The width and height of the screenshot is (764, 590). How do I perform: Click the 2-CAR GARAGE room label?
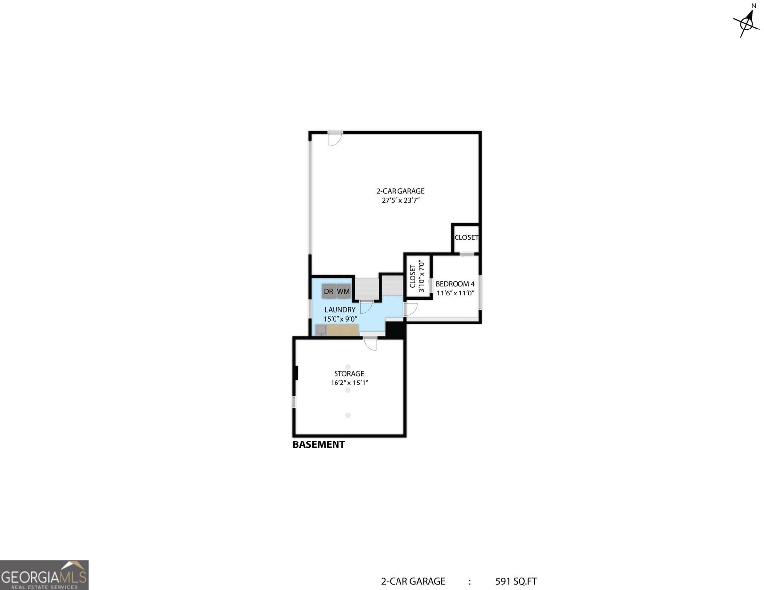[x=400, y=191]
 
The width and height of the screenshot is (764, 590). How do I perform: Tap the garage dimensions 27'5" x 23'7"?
[x=400, y=201]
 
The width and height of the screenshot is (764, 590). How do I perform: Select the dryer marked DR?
[x=328, y=291]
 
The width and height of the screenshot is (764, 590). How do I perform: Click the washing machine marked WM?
[x=343, y=291]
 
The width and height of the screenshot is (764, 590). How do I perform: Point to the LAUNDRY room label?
[x=339, y=310]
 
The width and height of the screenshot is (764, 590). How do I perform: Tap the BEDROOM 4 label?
[x=455, y=284]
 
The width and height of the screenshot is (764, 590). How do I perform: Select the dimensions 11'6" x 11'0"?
[x=455, y=293]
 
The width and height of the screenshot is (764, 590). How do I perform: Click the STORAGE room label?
[x=349, y=374]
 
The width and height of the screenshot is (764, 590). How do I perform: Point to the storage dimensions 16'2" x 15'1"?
[x=349, y=383]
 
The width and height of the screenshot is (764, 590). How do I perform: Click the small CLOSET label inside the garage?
[x=466, y=237]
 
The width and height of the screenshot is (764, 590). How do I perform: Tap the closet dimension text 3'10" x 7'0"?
[x=421, y=276]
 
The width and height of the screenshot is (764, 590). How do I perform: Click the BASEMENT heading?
[x=318, y=444]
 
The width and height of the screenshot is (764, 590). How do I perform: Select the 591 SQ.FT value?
[x=516, y=581]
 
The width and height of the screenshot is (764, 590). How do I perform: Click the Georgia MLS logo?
[x=44, y=575]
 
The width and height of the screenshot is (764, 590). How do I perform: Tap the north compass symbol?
[x=747, y=21]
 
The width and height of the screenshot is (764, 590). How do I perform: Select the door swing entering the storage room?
[x=370, y=343]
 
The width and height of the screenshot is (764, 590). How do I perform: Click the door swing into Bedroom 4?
[x=410, y=309]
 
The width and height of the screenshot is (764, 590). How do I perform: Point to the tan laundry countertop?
[x=343, y=330]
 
